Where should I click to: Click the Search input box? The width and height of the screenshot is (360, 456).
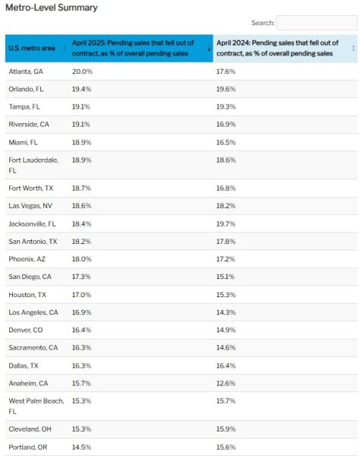point(317,23)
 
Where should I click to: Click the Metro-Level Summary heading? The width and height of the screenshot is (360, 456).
point(52,8)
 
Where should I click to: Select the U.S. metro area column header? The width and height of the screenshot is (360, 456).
point(32,48)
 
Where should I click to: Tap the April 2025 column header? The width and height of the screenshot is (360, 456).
point(133,48)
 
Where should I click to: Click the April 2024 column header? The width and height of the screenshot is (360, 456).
point(277,48)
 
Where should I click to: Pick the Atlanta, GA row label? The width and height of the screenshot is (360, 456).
point(26,71)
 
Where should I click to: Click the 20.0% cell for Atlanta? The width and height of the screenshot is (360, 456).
point(82,71)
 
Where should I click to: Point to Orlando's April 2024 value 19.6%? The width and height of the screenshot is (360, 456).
point(226,89)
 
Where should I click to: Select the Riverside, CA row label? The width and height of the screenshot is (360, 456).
point(29,125)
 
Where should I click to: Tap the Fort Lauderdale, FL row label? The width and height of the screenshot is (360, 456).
point(33,165)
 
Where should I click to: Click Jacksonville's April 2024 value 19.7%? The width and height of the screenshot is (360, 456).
point(226,224)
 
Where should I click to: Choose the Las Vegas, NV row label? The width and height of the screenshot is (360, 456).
point(30,206)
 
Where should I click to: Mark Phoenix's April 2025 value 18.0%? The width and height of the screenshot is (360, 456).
point(82,259)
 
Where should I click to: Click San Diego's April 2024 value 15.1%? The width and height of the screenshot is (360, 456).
point(225,277)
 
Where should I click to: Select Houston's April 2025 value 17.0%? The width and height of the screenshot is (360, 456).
point(81,295)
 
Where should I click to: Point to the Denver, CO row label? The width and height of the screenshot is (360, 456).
point(26,330)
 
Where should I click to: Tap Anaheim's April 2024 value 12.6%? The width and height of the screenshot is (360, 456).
point(226,383)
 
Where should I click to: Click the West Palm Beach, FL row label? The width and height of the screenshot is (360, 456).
point(36,406)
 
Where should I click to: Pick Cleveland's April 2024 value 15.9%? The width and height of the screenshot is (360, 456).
point(226,429)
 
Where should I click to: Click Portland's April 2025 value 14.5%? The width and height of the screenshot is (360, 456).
point(81,448)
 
